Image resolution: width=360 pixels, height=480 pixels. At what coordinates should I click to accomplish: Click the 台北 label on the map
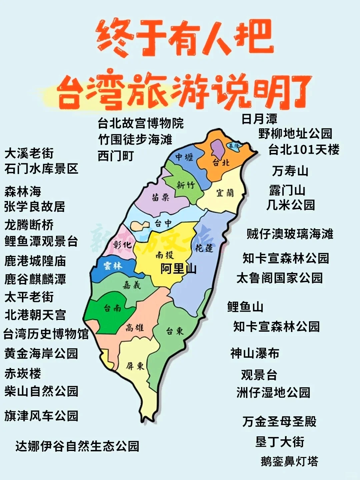click(221, 162)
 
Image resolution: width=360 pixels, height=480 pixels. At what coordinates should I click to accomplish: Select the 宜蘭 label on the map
click(225, 193)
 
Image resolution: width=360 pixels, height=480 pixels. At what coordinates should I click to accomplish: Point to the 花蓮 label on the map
click(204, 247)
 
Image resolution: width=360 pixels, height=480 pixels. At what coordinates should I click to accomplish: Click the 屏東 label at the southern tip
click(135, 366)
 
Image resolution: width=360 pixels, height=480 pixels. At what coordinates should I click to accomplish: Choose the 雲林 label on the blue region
click(113, 266)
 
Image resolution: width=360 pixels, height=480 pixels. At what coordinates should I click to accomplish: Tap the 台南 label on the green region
click(112, 308)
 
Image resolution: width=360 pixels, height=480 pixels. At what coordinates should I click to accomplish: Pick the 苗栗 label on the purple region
click(161, 197)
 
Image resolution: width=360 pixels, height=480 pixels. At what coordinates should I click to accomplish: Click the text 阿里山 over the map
click(178, 269)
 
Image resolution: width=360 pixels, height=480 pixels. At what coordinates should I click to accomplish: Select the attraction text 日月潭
click(259, 119)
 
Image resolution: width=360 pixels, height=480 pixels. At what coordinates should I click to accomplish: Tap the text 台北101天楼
click(304, 150)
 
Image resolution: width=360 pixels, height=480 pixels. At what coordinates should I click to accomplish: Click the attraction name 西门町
click(116, 156)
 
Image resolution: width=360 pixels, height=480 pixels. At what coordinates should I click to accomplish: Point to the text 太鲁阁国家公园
click(279, 278)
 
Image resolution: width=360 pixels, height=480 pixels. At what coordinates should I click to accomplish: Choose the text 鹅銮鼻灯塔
click(289, 461)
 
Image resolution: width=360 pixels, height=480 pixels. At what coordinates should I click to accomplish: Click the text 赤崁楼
click(23, 373)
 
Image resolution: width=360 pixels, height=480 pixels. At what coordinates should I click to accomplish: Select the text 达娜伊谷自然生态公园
click(77, 446)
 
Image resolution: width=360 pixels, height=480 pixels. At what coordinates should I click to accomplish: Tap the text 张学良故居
click(35, 207)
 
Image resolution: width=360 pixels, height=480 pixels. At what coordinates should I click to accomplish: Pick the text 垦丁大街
click(280, 442)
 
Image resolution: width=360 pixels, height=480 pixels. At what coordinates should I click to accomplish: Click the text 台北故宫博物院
click(140, 123)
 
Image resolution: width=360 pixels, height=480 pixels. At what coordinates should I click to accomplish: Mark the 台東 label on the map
click(175, 331)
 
